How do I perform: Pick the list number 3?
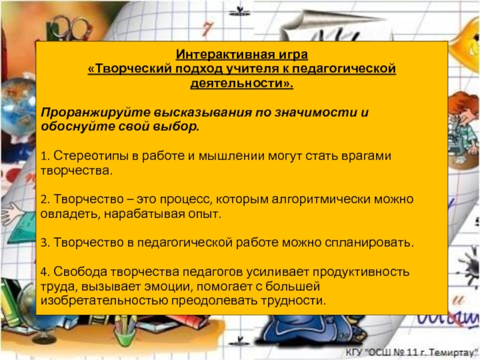[43, 243]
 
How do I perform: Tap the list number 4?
[44, 272]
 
